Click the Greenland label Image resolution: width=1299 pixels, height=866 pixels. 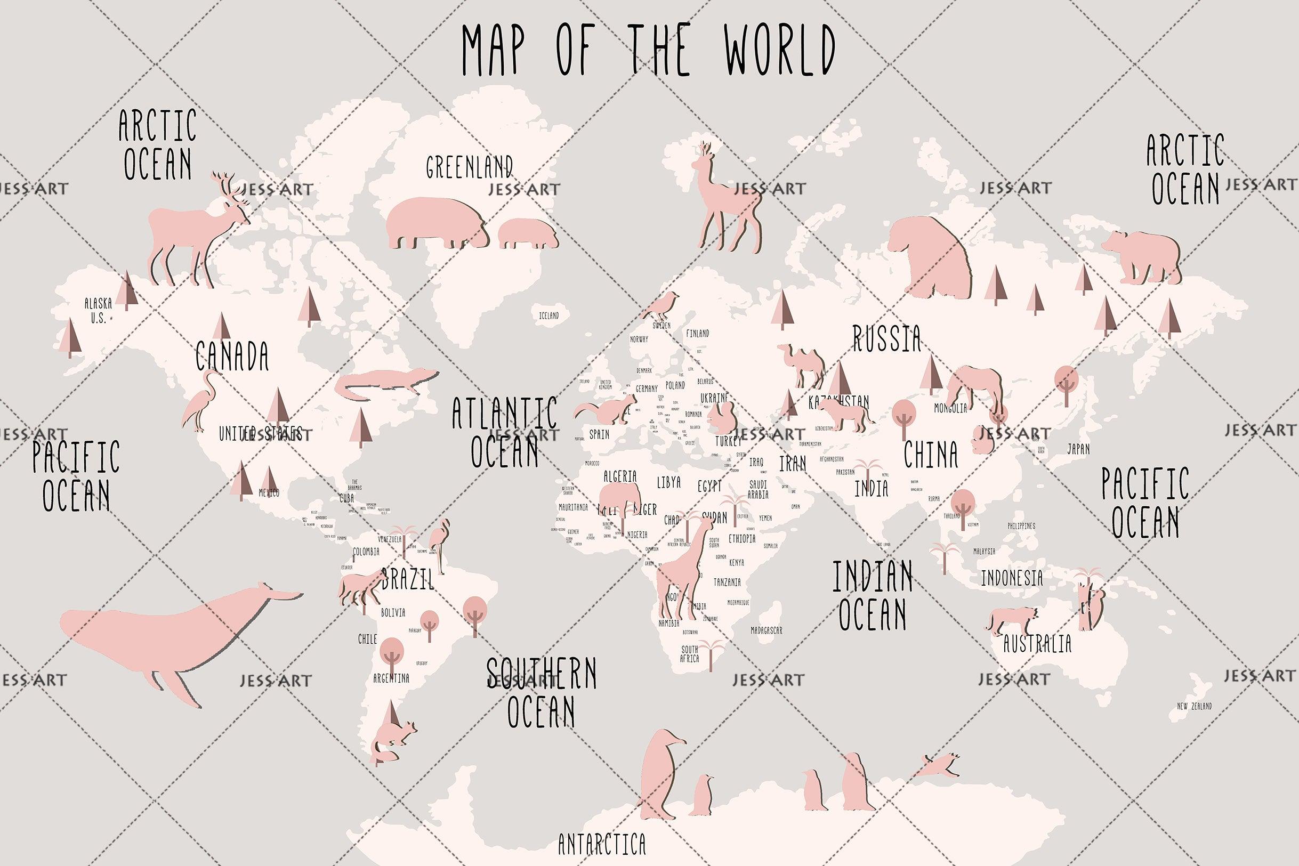[x=469, y=166]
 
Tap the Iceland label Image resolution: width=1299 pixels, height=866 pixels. [x=548, y=316]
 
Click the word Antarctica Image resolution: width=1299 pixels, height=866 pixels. [x=601, y=844]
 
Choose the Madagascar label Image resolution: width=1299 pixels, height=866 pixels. [x=766, y=630]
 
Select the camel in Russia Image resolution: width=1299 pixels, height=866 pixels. [x=801, y=365]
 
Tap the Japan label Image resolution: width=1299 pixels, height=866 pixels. [x=1078, y=449]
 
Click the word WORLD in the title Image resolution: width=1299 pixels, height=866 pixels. [x=780, y=51]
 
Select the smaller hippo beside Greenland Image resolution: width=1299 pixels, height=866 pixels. [x=528, y=233]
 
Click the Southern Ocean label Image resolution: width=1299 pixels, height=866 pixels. [x=541, y=692]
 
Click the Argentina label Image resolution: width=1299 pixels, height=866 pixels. [x=391, y=678]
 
